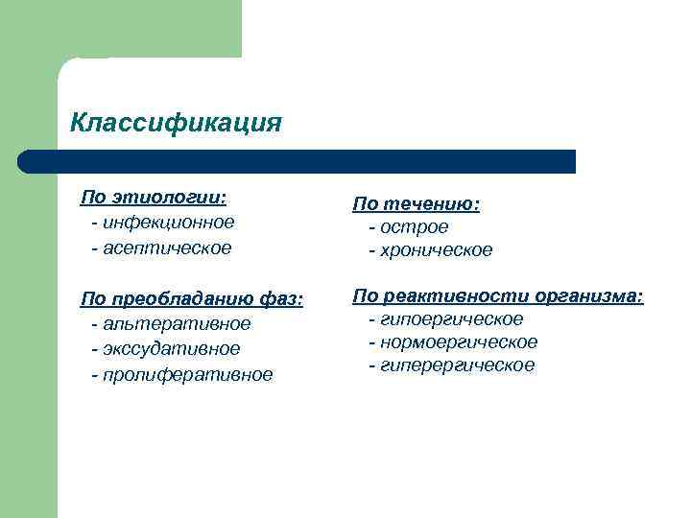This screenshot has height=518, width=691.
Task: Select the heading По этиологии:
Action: (154, 197)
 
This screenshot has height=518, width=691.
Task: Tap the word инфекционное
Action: (168, 223)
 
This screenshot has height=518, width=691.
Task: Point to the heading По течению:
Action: (417, 203)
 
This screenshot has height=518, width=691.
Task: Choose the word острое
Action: (414, 227)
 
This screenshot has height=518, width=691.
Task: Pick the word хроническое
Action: (436, 251)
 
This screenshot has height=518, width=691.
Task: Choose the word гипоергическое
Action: (451, 318)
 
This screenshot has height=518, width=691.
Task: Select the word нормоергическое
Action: (459, 342)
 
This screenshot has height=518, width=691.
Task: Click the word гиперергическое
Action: (457, 366)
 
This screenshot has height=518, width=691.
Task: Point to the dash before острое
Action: (371, 227)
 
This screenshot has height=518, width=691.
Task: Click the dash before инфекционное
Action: (94, 223)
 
